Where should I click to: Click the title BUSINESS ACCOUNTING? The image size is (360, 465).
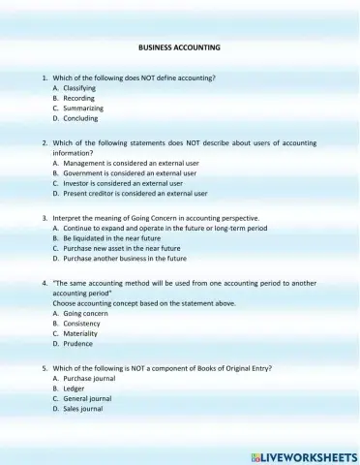tap(179, 46)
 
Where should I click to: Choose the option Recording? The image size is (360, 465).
tap(78, 98)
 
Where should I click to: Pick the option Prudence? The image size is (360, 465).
tap(77, 344)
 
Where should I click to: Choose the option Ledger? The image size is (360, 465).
tap(75, 388)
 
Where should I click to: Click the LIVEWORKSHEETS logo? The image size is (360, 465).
tap(303, 455)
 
